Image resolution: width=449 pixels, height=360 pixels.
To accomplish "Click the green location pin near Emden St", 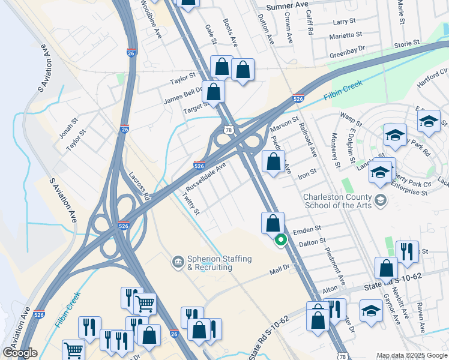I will pyautogui.click(x=280, y=241).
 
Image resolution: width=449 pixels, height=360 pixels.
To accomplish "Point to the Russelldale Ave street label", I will pyautogui.click(x=206, y=175).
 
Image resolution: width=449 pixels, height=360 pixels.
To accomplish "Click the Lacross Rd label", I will pyautogui.click(x=140, y=185).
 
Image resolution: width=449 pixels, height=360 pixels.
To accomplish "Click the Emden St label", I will pyautogui.click(x=307, y=230).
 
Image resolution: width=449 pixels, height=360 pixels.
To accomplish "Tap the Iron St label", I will pyautogui.click(x=307, y=173).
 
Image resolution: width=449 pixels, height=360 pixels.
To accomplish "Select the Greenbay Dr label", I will pyautogui.click(x=347, y=52).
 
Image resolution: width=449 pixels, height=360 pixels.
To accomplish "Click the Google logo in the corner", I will pyautogui.click(x=20, y=353).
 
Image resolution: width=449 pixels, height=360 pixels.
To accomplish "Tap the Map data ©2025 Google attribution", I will pyautogui.click(x=411, y=355).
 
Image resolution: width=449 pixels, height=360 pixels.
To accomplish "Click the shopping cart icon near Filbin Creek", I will pyautogui.click(x=145, y=304).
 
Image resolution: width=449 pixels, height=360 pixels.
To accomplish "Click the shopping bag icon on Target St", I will pyautogui.click(x=213, y=92).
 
